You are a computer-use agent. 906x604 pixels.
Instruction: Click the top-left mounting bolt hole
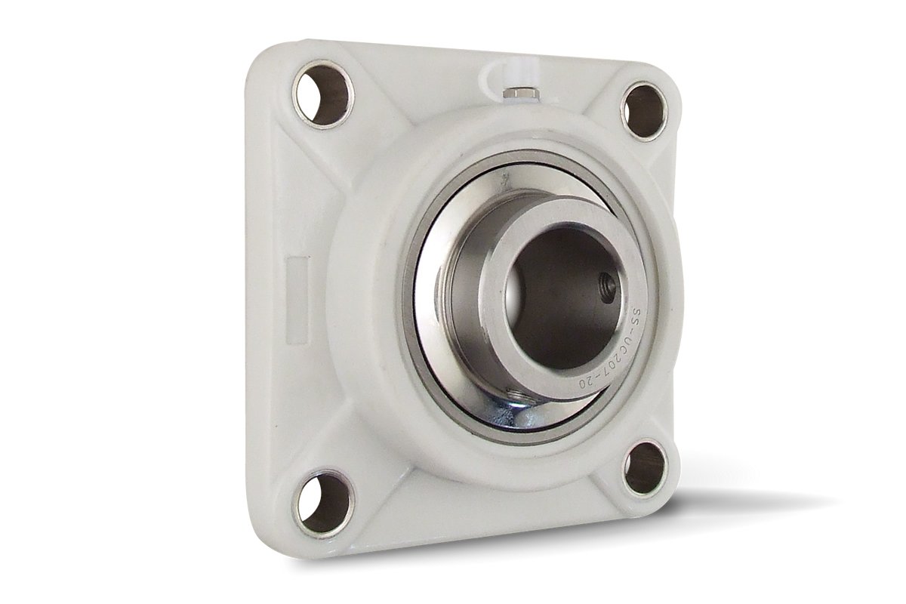click(324, 94)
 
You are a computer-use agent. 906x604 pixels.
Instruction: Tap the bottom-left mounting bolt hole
click(323, 501)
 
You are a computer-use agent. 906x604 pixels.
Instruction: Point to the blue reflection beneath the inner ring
click(528, 411)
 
